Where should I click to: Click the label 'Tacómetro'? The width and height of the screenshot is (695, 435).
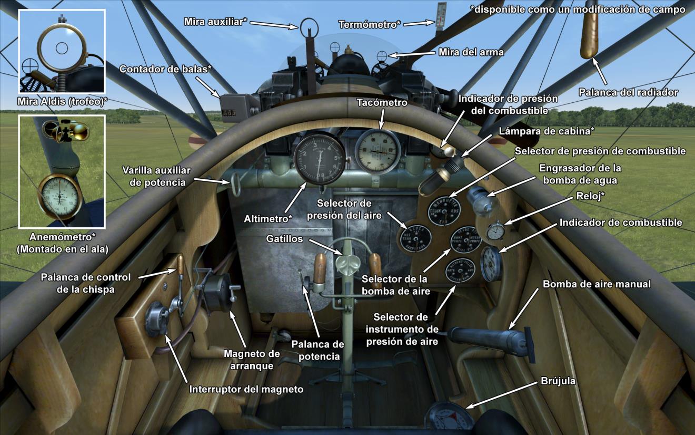coord(382,103)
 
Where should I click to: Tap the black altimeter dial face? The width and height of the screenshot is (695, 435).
coord(319,159)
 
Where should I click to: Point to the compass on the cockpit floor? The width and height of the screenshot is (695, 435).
coord(449,419)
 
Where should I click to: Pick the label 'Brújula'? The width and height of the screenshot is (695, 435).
coord(558,381)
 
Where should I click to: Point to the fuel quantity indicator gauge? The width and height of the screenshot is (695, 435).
coord(491,264)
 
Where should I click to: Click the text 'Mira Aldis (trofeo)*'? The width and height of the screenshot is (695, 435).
coord(62,101)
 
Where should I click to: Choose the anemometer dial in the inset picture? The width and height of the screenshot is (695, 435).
coord(60,196)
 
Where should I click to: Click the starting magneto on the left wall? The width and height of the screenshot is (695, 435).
coord(217,293)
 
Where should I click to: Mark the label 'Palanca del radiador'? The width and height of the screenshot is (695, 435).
coord(628,92)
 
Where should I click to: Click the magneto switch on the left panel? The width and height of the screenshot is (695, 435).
coord(156,319)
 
